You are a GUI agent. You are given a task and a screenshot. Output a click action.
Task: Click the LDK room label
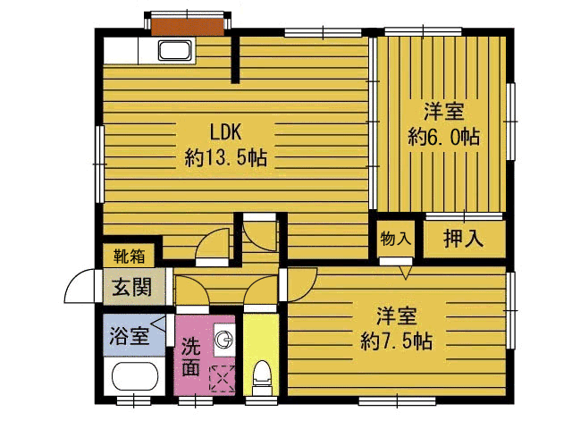(x=226, y=132)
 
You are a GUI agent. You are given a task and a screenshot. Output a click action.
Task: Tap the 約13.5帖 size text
(x=226, y=158)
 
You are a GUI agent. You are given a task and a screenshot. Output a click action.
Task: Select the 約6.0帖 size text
(x=443, y=137)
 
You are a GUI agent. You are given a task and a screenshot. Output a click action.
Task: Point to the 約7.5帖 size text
(x=397, y=341)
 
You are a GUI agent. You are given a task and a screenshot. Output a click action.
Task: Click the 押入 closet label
(x=463, y=239)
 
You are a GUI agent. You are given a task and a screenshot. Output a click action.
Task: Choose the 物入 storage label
(x=396, y=239)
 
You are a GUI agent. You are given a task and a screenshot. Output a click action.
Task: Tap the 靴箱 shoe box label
(x=129, y=256)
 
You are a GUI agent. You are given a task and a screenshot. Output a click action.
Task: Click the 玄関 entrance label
(x=131, y=287)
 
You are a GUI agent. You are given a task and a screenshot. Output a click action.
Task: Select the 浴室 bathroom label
(x=130, y=336)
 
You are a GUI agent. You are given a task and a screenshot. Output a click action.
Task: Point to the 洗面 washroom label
(x=191, y=357)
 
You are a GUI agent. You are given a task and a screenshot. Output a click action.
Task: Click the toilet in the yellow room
(x=261, y=377)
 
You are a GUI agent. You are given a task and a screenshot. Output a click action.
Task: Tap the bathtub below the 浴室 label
(x=135, y=377)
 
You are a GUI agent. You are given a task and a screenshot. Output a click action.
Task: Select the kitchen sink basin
(x=175, y=50)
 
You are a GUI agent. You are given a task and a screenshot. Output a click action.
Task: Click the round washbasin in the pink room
(x=223, y=341)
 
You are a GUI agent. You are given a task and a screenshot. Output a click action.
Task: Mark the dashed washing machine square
(x=223, y=379)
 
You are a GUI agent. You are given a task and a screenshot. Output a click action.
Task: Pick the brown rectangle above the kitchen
(x=188, y=27)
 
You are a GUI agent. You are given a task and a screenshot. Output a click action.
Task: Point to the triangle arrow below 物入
(x=405, y=273)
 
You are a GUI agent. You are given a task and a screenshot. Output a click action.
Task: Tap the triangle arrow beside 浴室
(x=158, y=324)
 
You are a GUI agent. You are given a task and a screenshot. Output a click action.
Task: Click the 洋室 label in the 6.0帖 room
(x=443, y=111)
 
